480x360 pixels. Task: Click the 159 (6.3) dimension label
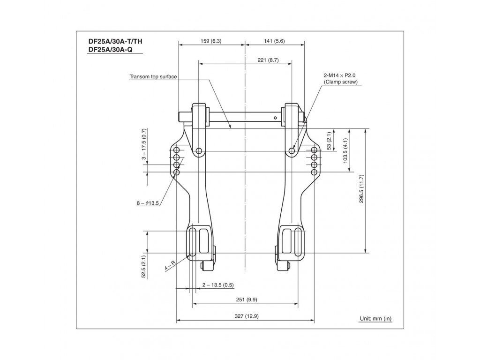pyautogui.click(x=211, y=41)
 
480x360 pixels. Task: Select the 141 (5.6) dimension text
pyautogui.click(x=275, y=41)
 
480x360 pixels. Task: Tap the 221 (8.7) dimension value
pyautogui.click(x=268, y=60)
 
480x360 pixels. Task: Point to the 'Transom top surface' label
pyautogui.click(x=153, y=76)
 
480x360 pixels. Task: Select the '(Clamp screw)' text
pyautogui.click(x=340, y=82)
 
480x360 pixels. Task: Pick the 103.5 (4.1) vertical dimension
pyautogui.click(x=345, y=150)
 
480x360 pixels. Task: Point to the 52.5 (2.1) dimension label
pyautogui.click(x=144, y=266)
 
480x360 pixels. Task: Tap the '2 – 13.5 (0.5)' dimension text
pyautogui.click(x=218, y=285)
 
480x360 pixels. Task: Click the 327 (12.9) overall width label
pyautogui.click(x=246, y=316)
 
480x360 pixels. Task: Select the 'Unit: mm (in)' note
pyautogui.click(x=375, y=319)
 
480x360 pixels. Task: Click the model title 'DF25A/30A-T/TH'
pyautogui.click(x=115, y=41)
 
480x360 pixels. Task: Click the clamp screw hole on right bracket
pyautogui.click(x=292, y=151)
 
